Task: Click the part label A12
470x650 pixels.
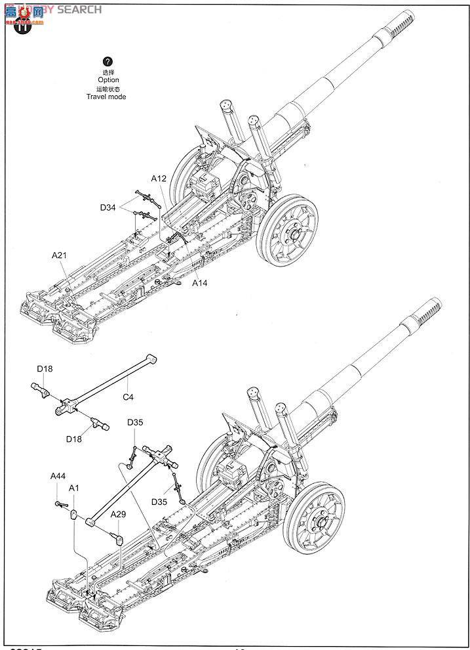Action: [x=159, y=179]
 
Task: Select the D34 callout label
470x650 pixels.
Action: [x=108, y=208]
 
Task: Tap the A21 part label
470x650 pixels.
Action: [x=60, y=254]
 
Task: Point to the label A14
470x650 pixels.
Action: [x=201, y=283]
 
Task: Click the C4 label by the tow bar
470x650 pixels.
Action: [x=128, y=397]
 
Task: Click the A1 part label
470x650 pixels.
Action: [x=74, y=488]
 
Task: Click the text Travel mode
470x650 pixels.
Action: [x=106, y=97]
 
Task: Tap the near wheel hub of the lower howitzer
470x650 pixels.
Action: [x=320, y=522]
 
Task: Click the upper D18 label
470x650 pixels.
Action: [x=45, y=369]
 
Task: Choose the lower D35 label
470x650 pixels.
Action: [x=159, y=502]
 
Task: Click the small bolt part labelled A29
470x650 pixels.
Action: [x=119, y=538]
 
